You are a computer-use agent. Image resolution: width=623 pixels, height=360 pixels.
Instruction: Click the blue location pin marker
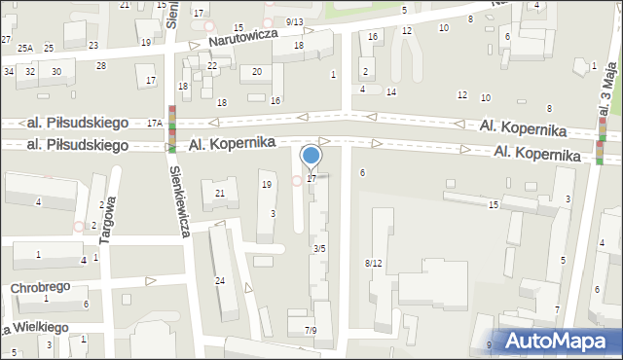pyautogui.click(x=311, y=156)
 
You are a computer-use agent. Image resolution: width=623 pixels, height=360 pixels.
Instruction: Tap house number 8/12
pyautogui.click(x=374, y=264)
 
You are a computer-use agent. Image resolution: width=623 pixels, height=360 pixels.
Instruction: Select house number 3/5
pyautogui.click(x=318, y=249)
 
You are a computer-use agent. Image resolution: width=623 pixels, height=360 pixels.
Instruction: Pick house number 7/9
pyautogui.click(x=310, y=331)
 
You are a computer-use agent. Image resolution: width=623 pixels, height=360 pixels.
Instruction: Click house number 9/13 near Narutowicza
pyautogui.click(x=295, y=21)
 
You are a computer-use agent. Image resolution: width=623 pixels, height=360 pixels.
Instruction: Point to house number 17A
pyautogui.click(x=154, y=124)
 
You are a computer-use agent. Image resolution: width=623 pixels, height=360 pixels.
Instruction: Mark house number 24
pyautogui.click(x=220, y=281)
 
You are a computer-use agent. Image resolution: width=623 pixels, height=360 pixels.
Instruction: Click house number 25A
pyautogui.click(x=24, y=48)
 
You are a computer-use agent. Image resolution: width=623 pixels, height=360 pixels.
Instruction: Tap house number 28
pyautogui.click(x=101, y=65)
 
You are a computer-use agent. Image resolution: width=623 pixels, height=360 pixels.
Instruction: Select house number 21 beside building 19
pyautogui.click(x=220, y=194)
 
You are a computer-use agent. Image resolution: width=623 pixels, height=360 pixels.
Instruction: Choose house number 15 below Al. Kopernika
pyautogui.click(x=494, y=204)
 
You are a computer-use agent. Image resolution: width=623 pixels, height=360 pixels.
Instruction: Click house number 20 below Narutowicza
pyautogui.click(x=256, y=71)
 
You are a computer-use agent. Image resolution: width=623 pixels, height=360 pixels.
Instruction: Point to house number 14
pyautogui.click(x=390, y=91)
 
